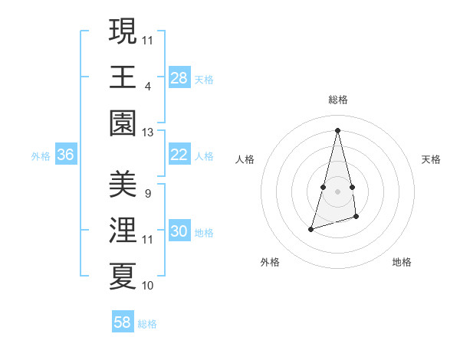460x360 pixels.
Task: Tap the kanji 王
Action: [123, 77]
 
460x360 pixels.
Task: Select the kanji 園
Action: [123, 123]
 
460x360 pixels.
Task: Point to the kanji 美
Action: [123, 184]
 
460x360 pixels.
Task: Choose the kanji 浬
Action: [123, 230]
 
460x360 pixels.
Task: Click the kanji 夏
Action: [123, 277]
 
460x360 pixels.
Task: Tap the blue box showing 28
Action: [179, 77]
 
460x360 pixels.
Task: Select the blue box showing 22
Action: [179, 155]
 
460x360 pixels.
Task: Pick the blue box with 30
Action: [179, 231]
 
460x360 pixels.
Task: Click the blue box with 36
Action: [65, 155]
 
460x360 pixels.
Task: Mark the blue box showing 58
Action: [123, 322]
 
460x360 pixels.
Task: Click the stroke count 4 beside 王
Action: [147, 86]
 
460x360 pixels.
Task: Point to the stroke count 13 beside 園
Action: [147, 133]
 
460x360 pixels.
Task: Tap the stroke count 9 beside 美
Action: [147, 194]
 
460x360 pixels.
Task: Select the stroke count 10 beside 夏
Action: [147, 286]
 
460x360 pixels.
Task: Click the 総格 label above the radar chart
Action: [338, 100]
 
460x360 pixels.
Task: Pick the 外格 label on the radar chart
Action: [270, 262]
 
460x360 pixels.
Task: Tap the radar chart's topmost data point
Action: [338, 129]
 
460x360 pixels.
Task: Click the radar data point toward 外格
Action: [311, 229]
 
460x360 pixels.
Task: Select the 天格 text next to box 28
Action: [204, 79]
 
